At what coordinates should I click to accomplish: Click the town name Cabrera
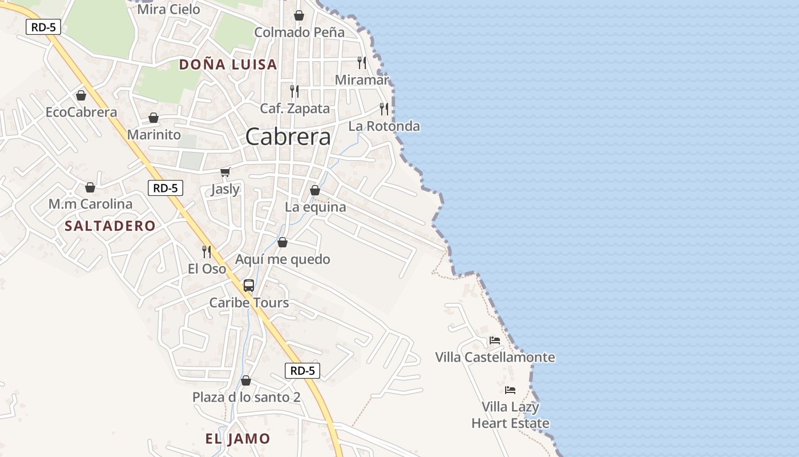point(288,137)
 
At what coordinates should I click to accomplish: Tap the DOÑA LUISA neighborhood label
point(228,65)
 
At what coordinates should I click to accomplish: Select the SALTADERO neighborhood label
point(110,226)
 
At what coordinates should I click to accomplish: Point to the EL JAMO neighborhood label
point(237,439)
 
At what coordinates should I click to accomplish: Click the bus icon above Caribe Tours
point(248,285)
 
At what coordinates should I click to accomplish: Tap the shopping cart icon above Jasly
point(225,172)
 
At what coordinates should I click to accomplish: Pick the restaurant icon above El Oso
point(207,251)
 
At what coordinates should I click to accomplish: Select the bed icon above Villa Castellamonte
point(495,340)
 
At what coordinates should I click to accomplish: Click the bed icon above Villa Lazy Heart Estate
point(510,390)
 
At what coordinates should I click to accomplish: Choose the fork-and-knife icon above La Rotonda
point(384,109)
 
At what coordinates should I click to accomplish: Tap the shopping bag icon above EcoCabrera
point(81,95)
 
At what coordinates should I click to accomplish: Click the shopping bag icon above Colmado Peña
point(298,15)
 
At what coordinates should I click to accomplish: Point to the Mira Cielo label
point(169,9)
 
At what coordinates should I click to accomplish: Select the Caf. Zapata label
point(295,108)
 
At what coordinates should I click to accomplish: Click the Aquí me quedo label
point(283,259)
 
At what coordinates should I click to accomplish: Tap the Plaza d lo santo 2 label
point(246,397)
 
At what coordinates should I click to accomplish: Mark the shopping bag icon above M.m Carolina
point(90,187)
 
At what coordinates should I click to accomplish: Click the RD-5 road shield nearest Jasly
point(166,187)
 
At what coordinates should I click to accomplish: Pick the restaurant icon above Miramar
point(361,63)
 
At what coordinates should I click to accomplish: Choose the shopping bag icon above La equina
point(314,190)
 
